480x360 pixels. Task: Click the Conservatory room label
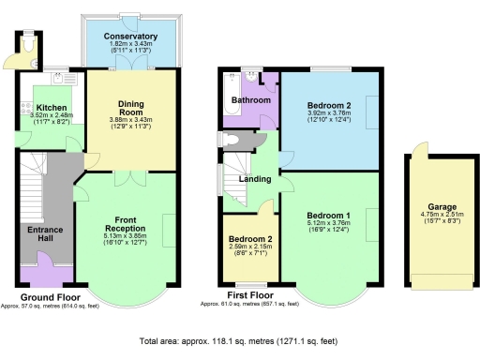(131, 37)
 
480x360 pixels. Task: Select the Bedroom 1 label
(328, 216)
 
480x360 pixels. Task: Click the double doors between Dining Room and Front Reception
(131, 175)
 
